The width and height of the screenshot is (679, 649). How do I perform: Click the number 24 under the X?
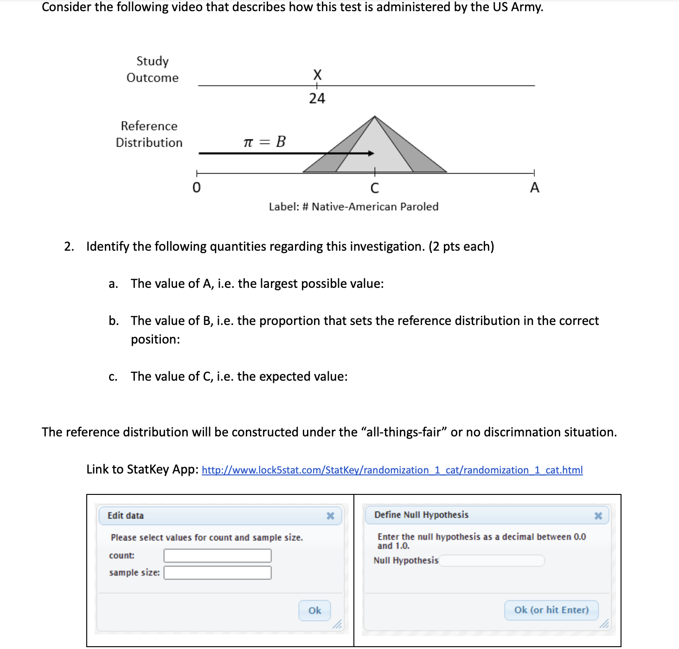[317, 98]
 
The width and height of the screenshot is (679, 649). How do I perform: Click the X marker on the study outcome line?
[317, 74]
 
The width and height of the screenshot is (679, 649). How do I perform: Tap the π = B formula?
[264, 142]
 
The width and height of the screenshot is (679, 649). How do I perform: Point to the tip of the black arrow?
[373, 153]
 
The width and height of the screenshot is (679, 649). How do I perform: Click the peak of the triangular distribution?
[375, 117]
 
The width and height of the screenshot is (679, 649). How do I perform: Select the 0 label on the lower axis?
[197, 188]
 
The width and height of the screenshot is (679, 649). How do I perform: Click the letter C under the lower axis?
[375, 188]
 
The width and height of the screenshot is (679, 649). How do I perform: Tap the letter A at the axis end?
[534, 188]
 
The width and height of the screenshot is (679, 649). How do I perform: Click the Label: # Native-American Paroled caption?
[353, 207]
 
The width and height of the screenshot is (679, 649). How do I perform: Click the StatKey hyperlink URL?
[392, 470]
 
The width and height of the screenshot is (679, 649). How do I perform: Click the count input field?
[218, 556]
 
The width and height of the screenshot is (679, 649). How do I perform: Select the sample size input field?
[218, 573]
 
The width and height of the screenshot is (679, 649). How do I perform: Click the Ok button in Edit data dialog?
[314, 610]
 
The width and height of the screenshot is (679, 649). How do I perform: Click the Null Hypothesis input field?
[492, 560]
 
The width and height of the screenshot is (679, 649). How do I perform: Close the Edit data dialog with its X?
[330, 516]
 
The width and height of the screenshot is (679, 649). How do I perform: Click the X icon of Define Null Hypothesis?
[598, 515]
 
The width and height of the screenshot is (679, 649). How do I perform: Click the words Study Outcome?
[153, 69]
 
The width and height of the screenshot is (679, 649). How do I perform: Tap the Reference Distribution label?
[149, 134]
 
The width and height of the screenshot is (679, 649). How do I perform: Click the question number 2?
[69, 247]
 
